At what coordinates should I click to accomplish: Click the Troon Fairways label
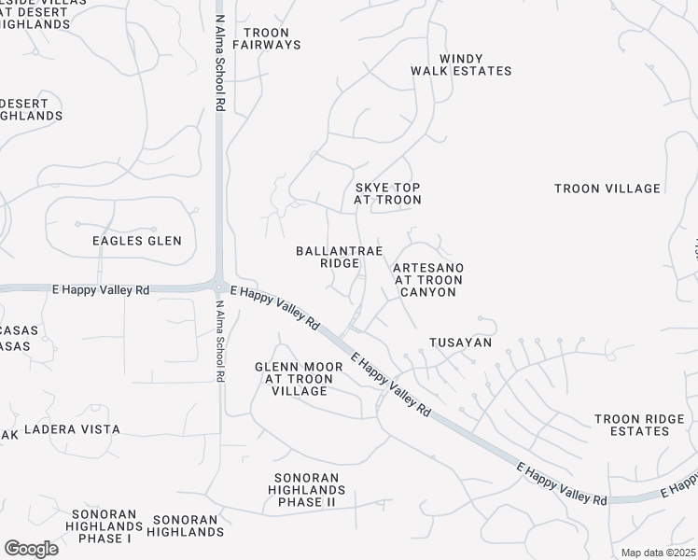(266, 38)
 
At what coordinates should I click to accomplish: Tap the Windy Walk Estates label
(462, 64)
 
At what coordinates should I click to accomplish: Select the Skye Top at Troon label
(388, 193)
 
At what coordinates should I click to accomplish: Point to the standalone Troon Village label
(607, 189)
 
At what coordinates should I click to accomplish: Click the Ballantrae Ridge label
(328, 257)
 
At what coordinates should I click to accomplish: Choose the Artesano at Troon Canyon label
(428, 280)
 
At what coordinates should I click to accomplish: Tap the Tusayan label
(460, 343)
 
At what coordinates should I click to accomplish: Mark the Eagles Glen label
(137, 241)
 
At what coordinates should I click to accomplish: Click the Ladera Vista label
(72, 429)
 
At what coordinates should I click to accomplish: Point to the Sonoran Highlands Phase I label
(102, 526)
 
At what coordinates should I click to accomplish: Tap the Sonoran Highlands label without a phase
(188, 525)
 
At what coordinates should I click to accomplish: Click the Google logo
(31, 549)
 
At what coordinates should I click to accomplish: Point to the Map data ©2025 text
(657, 553)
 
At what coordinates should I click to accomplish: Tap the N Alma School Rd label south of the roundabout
(220, 341)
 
